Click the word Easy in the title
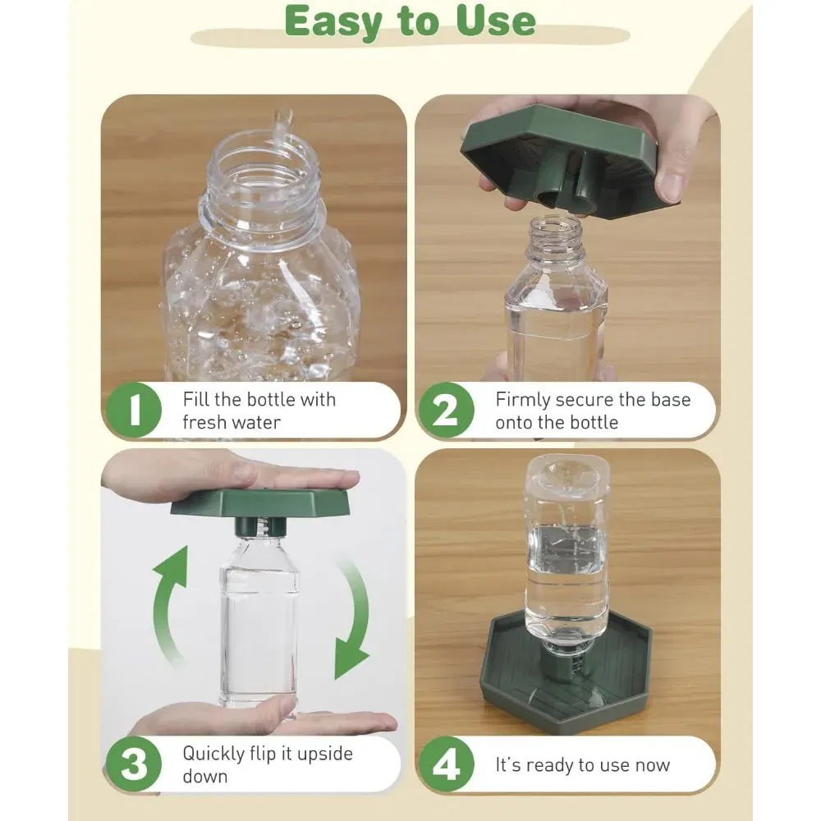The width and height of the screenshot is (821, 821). point(333,22)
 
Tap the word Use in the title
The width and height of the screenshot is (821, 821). point(497,21)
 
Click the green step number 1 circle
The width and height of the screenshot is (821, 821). point(134,410)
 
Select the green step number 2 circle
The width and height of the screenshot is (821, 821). point(446,410)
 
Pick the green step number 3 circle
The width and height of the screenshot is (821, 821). point(134,764)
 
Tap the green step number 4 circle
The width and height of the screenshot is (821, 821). point(446,764)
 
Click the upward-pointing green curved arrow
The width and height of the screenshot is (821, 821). point(168,608)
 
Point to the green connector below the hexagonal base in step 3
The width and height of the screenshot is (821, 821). point(255,526)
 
